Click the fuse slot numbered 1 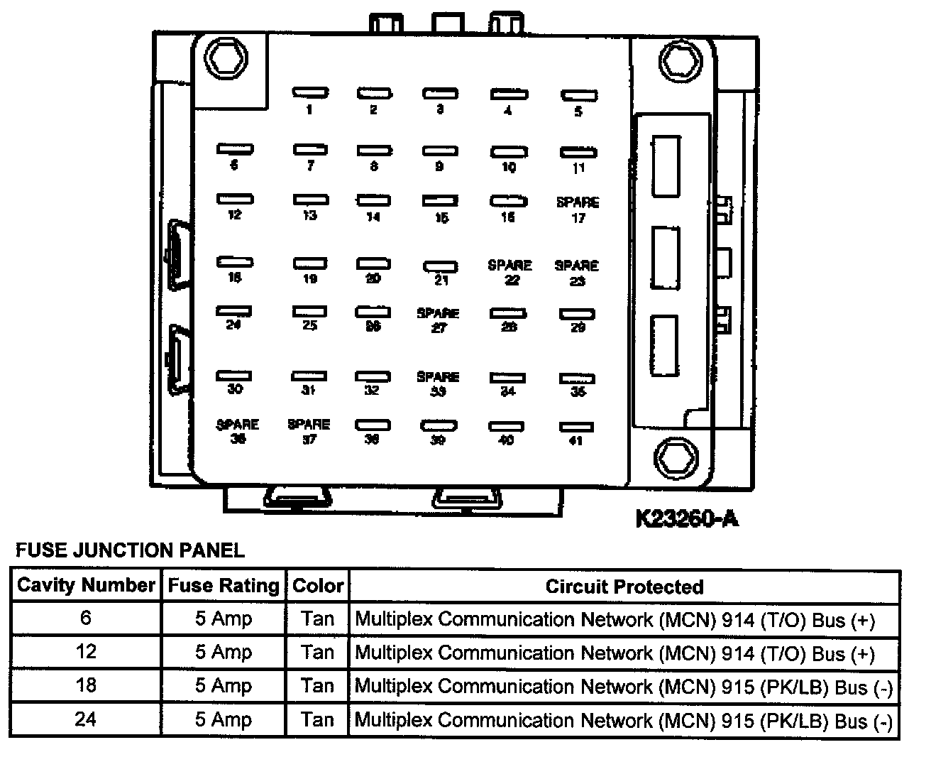point(310,92)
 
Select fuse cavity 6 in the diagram point(235,149)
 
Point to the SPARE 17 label point(578,209)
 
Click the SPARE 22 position point(509,272)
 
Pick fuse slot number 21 point(441,267)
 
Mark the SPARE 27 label point(438,320)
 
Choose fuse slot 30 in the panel point(234,375)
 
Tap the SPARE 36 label point(238,431)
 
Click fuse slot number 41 point(576,427)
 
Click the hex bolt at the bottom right point(673,458)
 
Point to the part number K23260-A point(686,519)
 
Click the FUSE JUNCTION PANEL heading point(131,550)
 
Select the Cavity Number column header point(86,586)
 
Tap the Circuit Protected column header point(624,587)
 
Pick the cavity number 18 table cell point(86,686)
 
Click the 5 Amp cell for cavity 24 point(224,720)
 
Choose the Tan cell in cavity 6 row point(317,619)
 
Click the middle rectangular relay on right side point(665,257)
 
